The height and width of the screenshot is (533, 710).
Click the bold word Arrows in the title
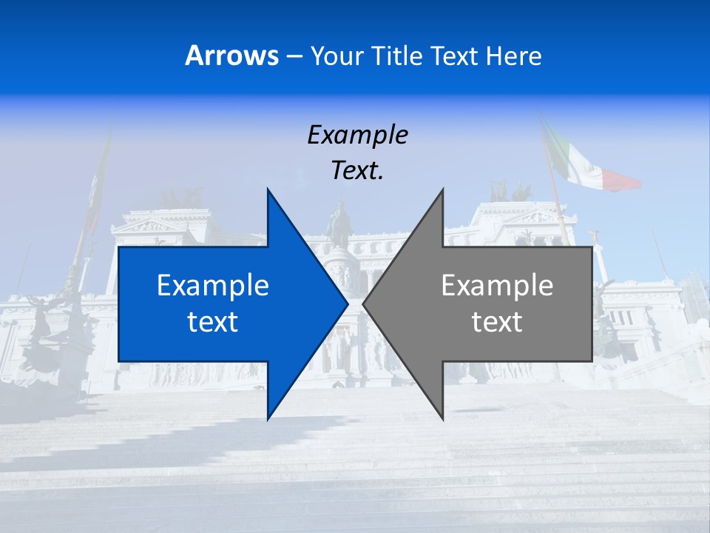(232, 56)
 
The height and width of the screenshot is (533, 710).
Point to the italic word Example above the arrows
(357, 135)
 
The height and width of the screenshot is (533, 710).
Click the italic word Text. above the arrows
(357, 170)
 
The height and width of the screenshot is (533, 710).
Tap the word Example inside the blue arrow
(213, 285)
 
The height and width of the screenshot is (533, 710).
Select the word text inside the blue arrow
(213, 322)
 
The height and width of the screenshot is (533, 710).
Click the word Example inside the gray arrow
(497, 285)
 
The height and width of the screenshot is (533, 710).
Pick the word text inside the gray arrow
(497, 322)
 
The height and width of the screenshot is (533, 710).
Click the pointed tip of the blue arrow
(348, 304)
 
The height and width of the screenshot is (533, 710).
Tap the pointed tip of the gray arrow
(363, 304)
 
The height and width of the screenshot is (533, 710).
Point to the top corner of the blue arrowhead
(268, 189)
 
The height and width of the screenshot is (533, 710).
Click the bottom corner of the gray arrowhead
(443, 419)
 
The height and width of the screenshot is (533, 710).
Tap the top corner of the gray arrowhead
(443, 189)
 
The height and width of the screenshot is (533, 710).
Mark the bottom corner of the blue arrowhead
(268, 419)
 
